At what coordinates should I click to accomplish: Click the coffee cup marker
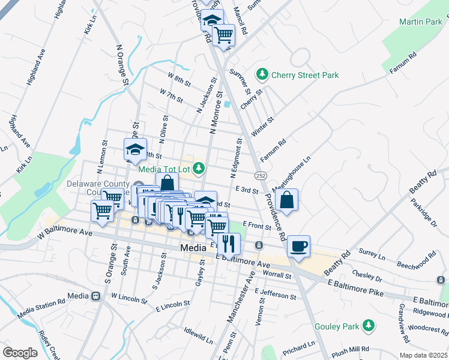click(298, 246)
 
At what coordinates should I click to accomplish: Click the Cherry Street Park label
click(305, 75)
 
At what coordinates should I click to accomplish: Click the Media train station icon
click(95, 296)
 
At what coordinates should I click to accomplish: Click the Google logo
click(20, 352)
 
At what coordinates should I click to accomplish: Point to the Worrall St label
click(277, 275)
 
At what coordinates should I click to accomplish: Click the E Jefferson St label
click(275, 294)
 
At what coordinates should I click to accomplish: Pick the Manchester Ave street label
click(242, 297)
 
